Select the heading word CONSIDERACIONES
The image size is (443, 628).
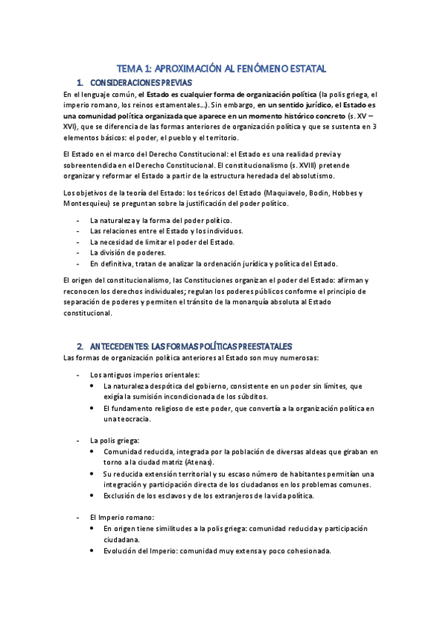[126, 82]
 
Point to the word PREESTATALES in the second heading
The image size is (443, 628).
[259, 346]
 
